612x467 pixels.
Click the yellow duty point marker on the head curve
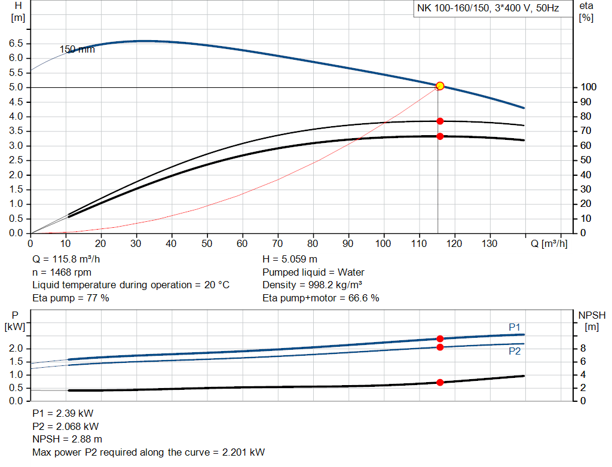click(440, 86)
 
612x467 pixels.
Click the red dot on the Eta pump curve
click(440, 121)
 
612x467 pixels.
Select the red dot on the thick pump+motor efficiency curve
click(440, 136)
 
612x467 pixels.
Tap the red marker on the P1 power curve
click(440, 339)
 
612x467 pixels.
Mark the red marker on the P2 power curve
click(440, 347)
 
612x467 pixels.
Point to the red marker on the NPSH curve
click(440, 382)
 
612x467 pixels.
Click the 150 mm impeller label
click(77, 50)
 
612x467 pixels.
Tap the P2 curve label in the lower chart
click(515, 352)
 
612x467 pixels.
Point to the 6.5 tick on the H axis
click(16, 44)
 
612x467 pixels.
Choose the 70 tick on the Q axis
click(277, 243)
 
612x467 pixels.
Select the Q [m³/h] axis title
click(549, 243)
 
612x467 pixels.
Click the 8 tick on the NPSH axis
click(583, 349)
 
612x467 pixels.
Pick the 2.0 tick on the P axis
click(16, 349)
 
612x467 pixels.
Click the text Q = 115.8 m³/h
click(67, 260)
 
